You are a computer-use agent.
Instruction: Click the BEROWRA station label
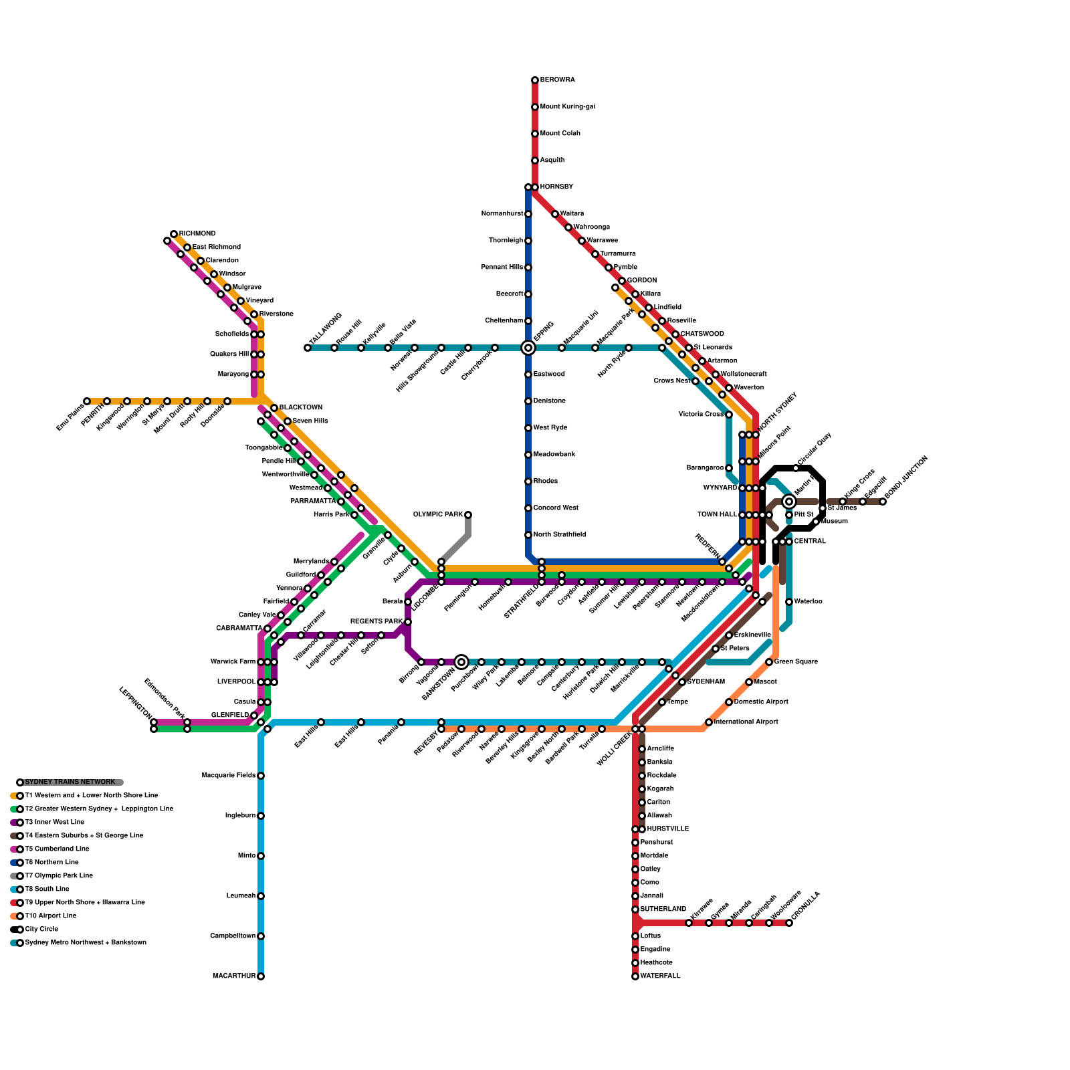[557, 80]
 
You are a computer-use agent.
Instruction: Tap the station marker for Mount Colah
[535, 134]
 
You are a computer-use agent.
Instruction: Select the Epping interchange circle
[528, 348]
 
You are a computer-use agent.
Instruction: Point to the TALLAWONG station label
[326, 329]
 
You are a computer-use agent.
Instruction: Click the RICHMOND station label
[197, 234]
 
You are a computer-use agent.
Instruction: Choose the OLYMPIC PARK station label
[438, 515]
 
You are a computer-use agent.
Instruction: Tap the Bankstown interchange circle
[461, 662]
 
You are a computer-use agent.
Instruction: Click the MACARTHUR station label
[234, 976]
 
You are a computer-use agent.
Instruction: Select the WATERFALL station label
[660, 976]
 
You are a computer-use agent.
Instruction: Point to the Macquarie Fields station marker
[261, 776]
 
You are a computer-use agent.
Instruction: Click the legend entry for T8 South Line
[47, 889]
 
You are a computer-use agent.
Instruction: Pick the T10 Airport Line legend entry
[50, 916]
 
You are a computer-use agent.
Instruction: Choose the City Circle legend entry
[41, 930]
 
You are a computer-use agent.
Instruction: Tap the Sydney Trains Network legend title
[70, 782]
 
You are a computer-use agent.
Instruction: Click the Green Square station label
[796, 662]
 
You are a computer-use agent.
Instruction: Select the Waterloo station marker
[789, 602]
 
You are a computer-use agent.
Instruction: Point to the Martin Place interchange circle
[789, 502]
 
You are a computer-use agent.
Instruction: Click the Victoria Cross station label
[701, 415]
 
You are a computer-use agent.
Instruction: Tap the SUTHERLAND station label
[663, 909]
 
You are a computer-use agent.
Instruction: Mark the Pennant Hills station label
[502, 267]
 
